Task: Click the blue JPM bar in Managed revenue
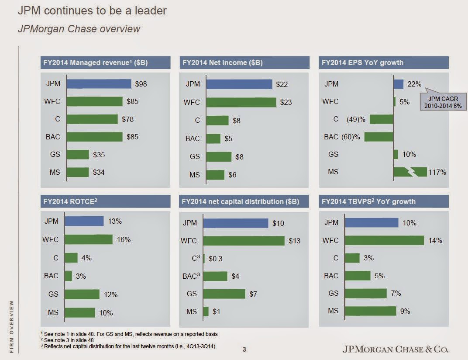click(x=99, y=84)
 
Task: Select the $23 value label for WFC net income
click(x=286, y=102)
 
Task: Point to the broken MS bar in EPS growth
click(x=410, y=172)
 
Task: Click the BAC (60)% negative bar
click(x=379, y=137)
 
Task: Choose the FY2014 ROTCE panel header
click(x=105, y=201)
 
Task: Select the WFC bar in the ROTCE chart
click(x=89, y=239)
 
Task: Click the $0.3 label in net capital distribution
click(x=216, y=259)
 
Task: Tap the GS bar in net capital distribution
click(x=224, y=294)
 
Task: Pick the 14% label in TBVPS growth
click(x=435, y=240)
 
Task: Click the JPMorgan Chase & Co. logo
click(x=396, y=349)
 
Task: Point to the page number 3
click(x=244, y=349)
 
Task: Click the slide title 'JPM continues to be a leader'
click(x=92, y=10)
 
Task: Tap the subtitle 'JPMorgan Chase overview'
click(x=79, y=29)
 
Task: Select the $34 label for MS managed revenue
click(x=99, y=172)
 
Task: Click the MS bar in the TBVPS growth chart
click(x=370, y=311)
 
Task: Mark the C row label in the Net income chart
click(x=197, y=121)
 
